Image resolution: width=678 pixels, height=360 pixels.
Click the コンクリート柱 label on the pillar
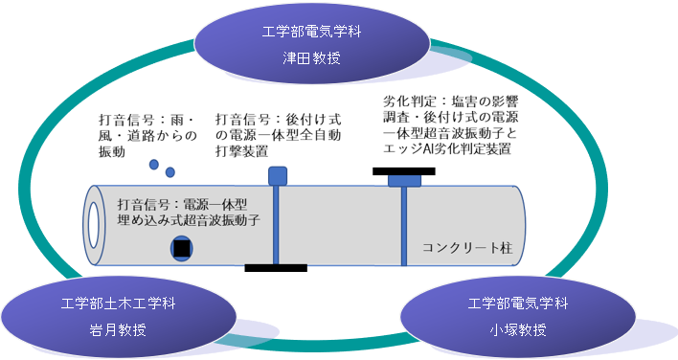tap(467, 247)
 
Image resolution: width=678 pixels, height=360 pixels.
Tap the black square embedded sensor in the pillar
tap(181, 249)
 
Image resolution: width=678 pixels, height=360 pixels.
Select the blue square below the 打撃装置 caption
tap(277, 175)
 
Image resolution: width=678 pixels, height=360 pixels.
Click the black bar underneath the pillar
tap(276, 267)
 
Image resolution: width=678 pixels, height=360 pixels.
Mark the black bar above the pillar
tap(403, 171)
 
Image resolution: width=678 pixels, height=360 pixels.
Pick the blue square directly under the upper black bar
tap(403, 182)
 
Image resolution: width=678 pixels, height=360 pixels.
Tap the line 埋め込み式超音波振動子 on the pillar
tap(189, 220)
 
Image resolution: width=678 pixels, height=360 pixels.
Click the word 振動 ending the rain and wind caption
tap(112, 151)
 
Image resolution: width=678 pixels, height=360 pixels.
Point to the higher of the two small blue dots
tap(154, 166)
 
